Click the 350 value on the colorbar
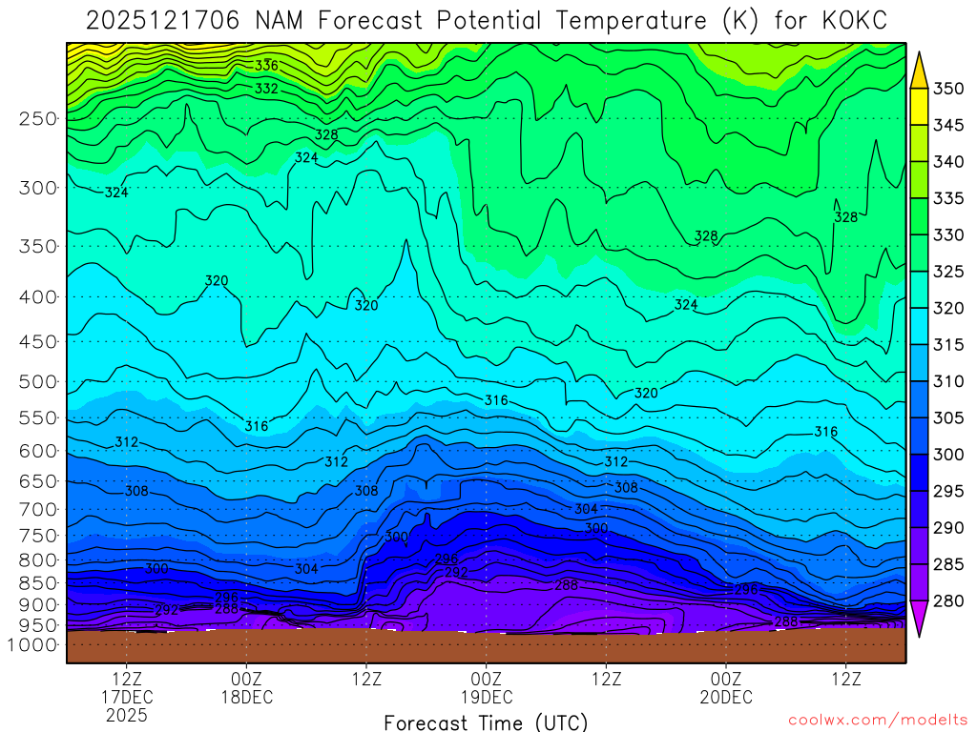(948, 89)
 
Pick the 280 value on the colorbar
(948, 600)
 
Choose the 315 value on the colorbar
(948, 344)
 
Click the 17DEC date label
(127, 698)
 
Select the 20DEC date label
(726, 698)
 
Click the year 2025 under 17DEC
(127, 715)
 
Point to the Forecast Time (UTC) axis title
(486, 722)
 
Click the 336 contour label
(266, 66)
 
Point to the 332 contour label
(266, 89)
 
